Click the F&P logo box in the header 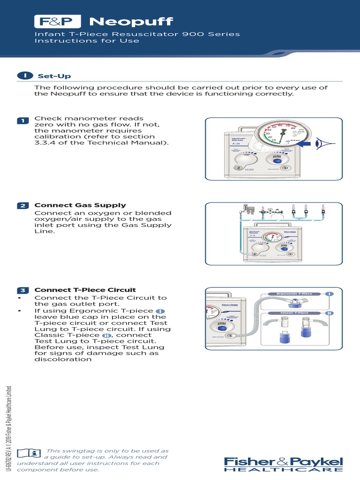[58, 22]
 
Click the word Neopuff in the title [131, 22]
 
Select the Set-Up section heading [54, 76]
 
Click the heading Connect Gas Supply [80, 205]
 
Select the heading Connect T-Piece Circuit [85, 290]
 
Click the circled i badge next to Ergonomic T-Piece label [330, 294]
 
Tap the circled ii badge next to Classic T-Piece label [330, 313]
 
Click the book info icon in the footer [29, 453]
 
